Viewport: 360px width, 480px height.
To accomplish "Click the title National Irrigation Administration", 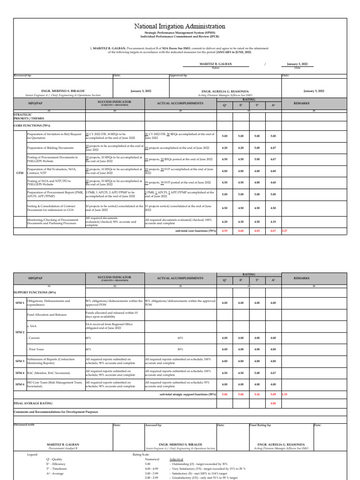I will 180,27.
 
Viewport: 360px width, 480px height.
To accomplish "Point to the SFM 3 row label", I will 20,361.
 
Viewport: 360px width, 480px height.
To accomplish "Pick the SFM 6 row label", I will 20,385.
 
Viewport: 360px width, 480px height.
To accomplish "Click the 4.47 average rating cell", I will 273,148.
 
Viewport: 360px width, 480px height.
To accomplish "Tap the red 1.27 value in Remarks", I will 285,231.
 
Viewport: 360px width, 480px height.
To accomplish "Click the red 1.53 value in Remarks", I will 285,394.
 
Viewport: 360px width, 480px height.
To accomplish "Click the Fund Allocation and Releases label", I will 47,315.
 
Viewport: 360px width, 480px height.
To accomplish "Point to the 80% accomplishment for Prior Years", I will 180,349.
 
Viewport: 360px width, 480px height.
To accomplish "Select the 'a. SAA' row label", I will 32,325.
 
